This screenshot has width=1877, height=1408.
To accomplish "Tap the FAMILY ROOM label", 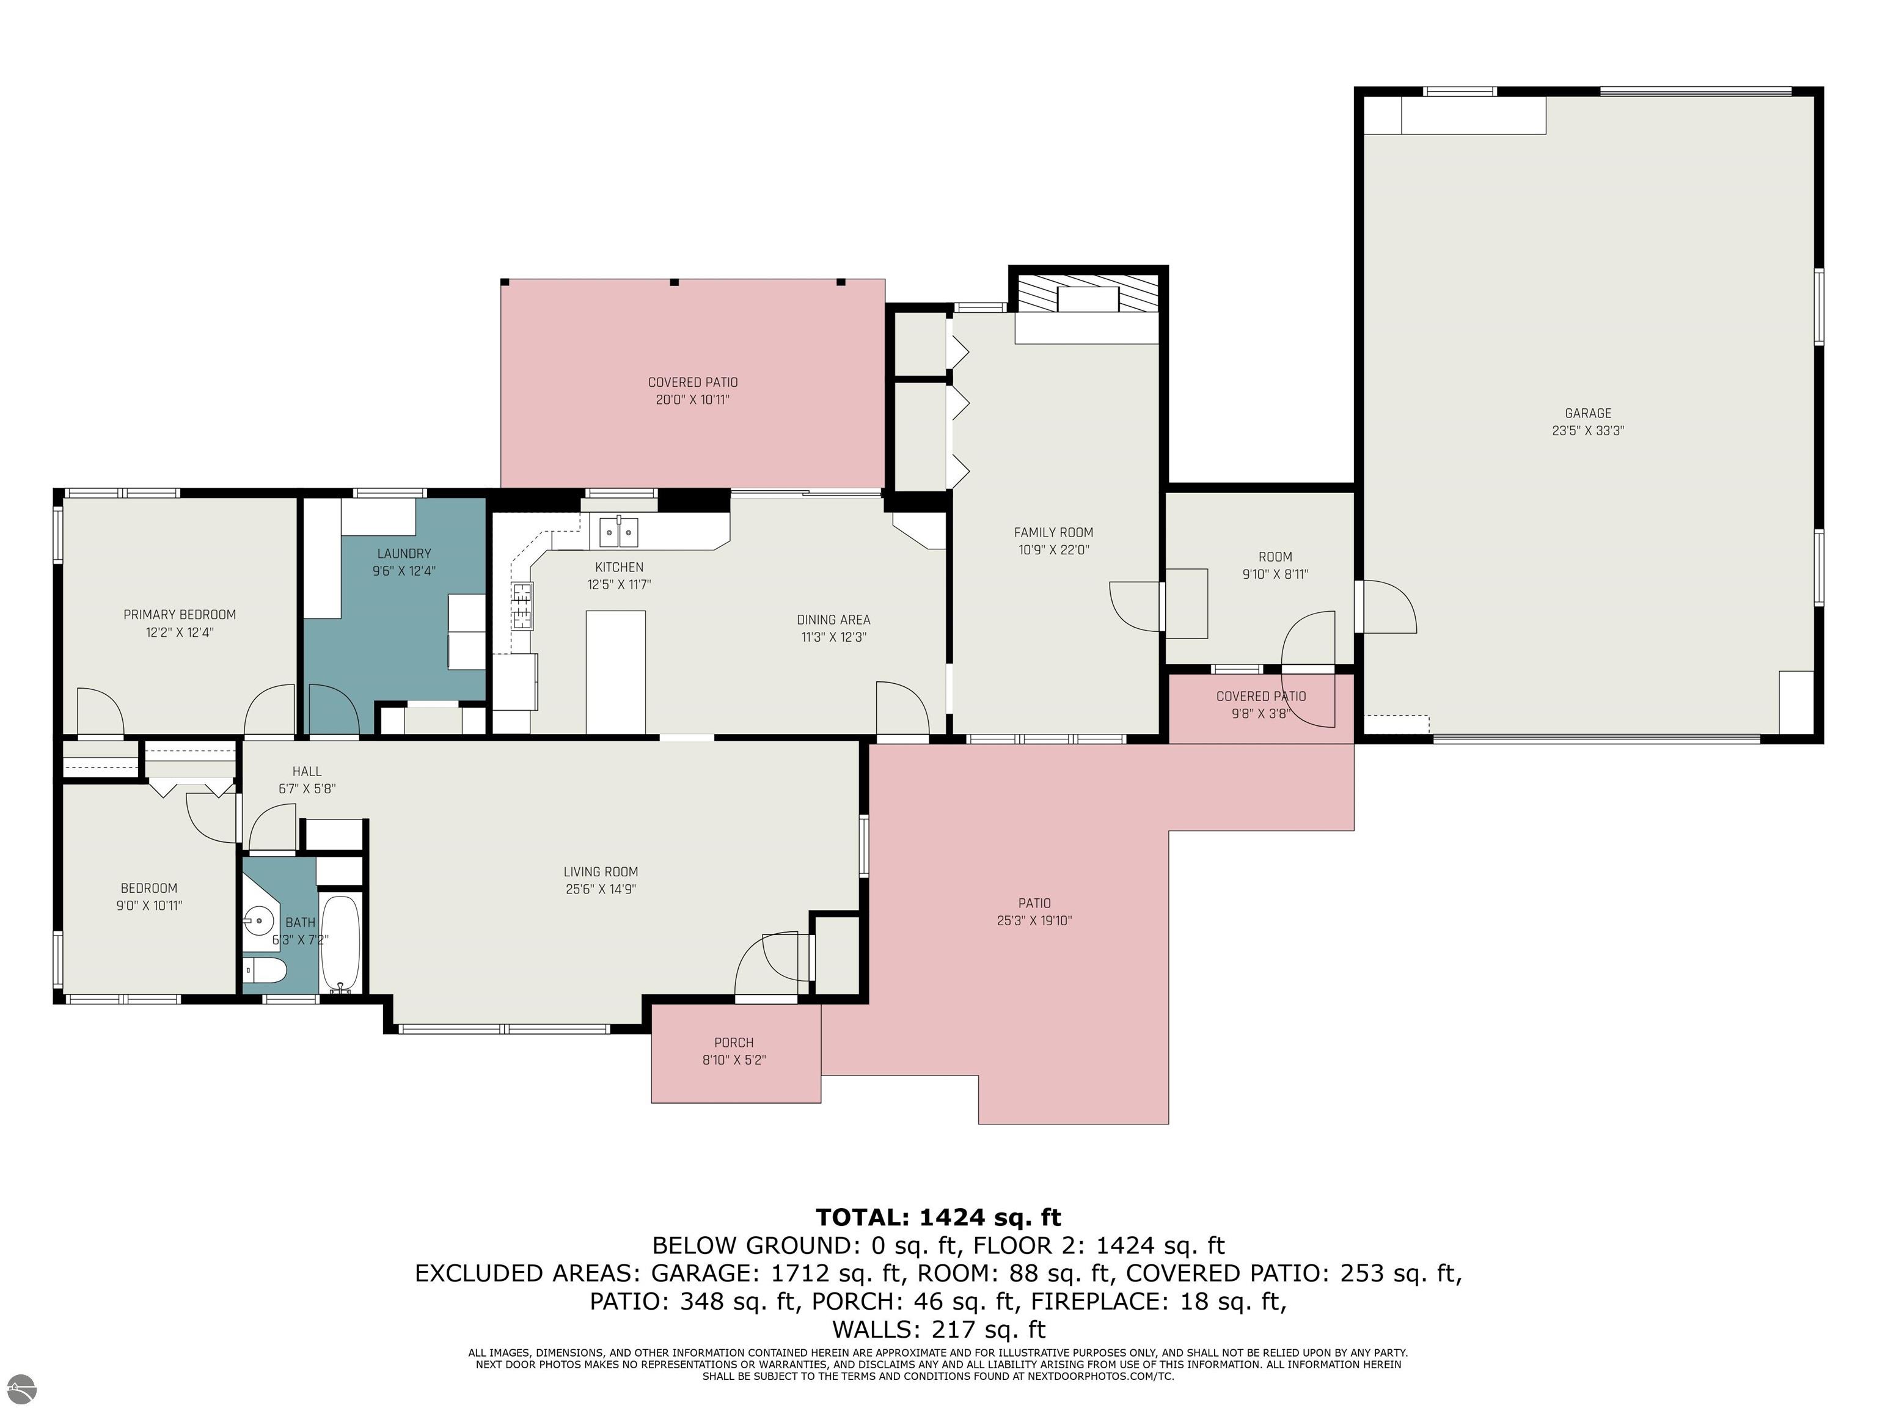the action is (x=1053, y=533).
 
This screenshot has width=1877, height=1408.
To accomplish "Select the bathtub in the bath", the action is (x=340, y=943).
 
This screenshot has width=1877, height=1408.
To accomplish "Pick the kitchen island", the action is (x=615, y=672).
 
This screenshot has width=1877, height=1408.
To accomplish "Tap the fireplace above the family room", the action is (x=1088, y=299).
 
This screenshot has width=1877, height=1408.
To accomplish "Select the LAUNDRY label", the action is (x=404, y=553).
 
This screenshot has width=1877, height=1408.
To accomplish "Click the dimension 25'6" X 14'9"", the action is (x=601, y=889).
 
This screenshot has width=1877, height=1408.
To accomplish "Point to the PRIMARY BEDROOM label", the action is (x=180, y=614).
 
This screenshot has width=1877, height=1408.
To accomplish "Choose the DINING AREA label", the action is (x=833, y=620).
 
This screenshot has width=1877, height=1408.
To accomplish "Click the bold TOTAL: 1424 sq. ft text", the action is (x=938, y=1218).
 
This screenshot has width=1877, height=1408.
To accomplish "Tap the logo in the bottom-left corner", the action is (x=20, y=1385).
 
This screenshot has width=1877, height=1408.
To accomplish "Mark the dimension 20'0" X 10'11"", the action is (x=692, y=400).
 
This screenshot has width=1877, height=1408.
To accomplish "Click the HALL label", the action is (x=307, y=771).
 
